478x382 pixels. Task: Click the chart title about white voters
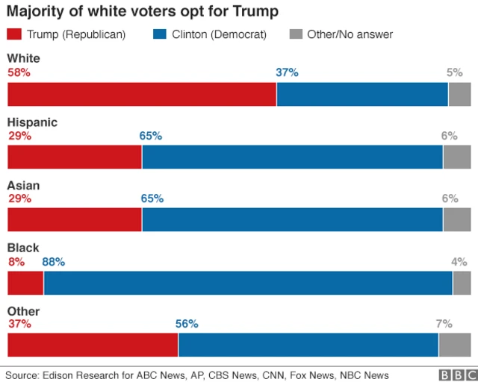142,12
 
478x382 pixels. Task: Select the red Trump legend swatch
15,34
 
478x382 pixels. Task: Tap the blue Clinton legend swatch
161,34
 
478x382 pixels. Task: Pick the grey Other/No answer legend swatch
296,34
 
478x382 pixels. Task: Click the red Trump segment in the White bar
142,95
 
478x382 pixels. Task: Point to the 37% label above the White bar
287,72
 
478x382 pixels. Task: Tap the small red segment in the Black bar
25,284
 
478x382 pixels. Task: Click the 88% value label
54,262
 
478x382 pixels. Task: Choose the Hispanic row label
32,122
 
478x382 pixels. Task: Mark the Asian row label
24,185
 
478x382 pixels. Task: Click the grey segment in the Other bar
455,345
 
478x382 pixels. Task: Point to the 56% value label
187,324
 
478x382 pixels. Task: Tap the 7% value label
444,324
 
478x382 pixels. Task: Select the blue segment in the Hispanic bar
292,157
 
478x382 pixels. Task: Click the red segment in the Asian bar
75,220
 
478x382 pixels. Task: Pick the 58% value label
19,72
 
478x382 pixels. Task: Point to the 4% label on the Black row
459,262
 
